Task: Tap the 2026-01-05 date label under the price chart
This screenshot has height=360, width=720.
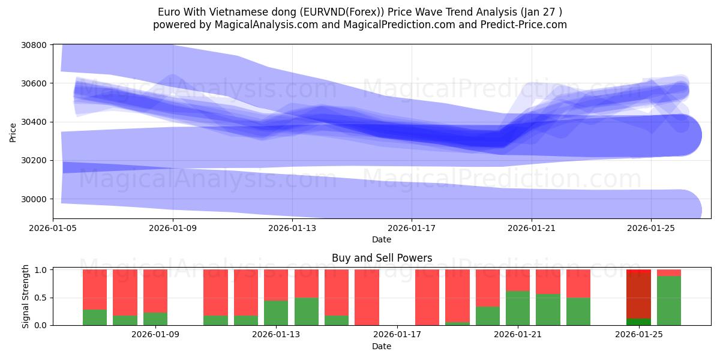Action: pyautogui.click(x=53, y=228)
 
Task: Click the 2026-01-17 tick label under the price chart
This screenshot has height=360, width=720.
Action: pyautogui.click(x=412, y=228)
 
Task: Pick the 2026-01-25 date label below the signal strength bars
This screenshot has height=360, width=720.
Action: pyautogui.click(x=639, y=334)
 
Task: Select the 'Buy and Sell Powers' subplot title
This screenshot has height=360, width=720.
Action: pyautogui.click(x=382, y=259)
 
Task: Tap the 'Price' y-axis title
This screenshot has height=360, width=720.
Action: pyautogui.click(x=13, y=131)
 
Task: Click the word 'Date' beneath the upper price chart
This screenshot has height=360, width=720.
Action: pyautogui.click(x=382, y=239)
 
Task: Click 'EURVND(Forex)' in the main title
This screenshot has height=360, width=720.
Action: pyautogui.click(x=344, y=12)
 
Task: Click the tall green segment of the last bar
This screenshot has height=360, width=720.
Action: pyautogui.click(x=669, y=301)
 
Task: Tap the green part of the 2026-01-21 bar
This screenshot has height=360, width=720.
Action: pyautogui.click(x=518, y=308)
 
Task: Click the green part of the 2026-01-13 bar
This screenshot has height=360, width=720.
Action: pyautogui.click(x=276, y=313)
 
